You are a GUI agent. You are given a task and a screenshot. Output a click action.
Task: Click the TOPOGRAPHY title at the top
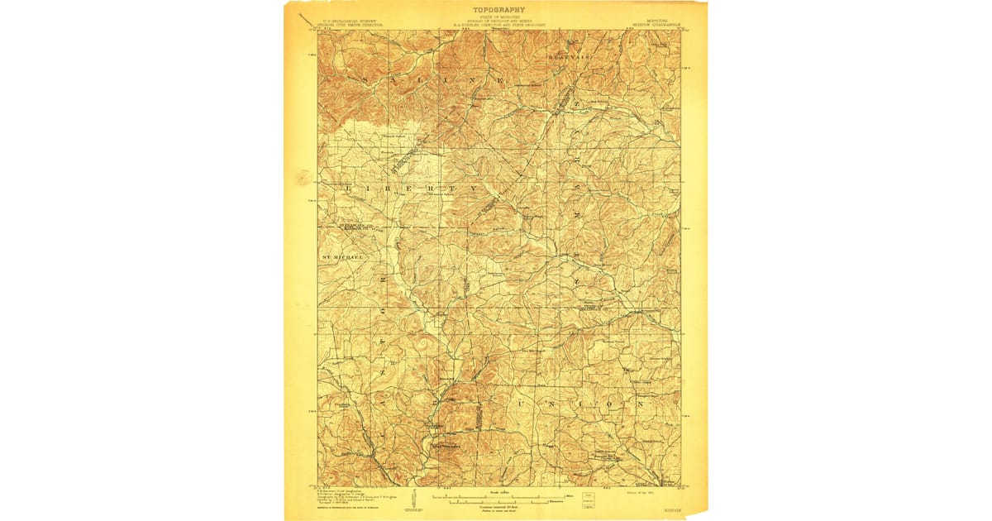coord(498,9)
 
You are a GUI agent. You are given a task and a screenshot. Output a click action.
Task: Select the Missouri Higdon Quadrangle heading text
coord(657,21)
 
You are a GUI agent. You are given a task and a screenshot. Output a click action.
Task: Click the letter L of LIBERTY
coord(345,189)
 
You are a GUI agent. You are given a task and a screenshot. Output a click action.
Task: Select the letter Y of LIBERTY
coord(474,189)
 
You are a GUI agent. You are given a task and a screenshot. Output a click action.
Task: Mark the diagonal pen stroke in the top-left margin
coord(308,14)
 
